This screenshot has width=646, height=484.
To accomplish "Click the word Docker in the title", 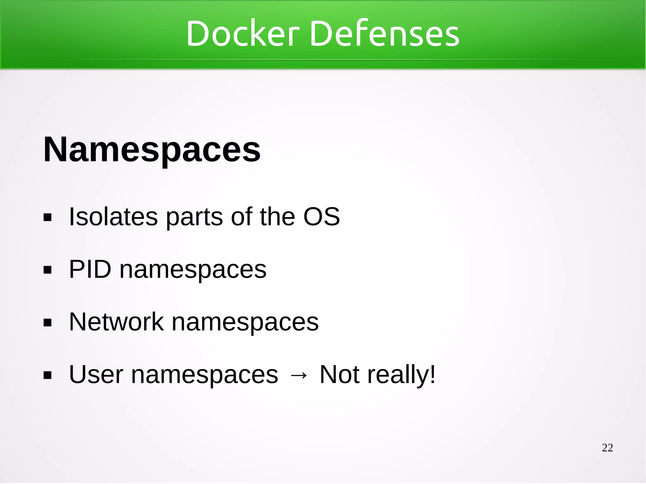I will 242,33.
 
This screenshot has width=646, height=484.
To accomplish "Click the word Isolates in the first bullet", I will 113,217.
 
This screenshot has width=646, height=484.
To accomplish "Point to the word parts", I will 194,217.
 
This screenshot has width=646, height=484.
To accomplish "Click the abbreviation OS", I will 321,217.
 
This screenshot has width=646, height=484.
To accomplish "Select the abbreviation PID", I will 90,269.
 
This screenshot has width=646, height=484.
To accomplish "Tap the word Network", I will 116,322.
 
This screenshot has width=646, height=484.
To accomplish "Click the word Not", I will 339,375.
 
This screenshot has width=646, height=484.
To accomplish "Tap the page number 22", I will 607,448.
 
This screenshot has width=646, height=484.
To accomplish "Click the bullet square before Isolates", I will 48,218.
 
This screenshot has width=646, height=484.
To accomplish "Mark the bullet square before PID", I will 48,270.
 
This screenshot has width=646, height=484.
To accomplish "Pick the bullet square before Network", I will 48,323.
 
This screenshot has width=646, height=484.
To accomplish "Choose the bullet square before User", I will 48,376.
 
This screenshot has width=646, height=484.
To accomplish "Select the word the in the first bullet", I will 277,217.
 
